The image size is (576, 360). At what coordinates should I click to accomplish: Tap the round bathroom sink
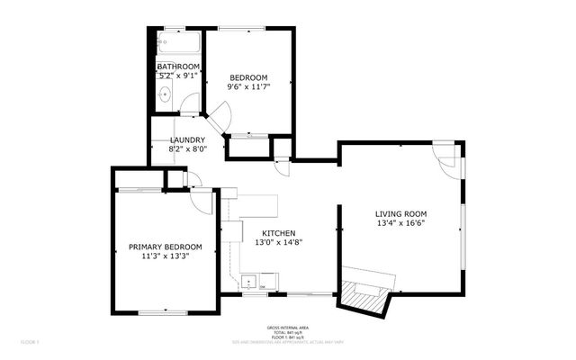(x=166, y=94)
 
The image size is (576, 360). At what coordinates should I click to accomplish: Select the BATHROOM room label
(x=178, y=67)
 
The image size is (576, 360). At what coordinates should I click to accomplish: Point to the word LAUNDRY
(x=187, y=140)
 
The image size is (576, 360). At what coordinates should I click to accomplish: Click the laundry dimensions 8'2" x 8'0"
(x=187, y=150)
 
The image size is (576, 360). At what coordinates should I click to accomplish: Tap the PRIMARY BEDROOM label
(x=165, y=247)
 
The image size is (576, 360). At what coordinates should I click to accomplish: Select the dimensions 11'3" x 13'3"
(x=165, y=256)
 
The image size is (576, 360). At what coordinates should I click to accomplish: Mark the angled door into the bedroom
(x=220, y=115)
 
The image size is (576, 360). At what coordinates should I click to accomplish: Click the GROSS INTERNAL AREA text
(x=286, y=327)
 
